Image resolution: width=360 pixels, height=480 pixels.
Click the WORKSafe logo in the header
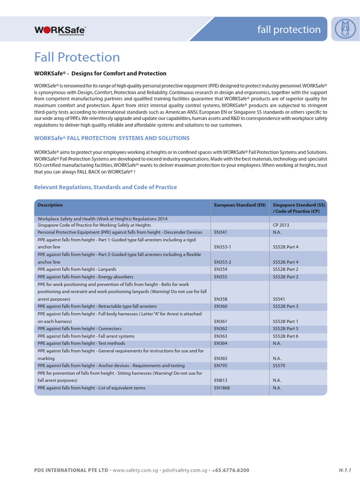pos(60,30)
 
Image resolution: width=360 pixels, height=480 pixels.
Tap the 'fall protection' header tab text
pos(289,30)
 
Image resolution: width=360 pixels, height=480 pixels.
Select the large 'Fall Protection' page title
pos(77,57)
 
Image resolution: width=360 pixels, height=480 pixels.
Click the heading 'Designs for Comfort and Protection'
pos(100,74)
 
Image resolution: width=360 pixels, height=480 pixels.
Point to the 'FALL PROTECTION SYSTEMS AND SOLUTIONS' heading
pos(112,138)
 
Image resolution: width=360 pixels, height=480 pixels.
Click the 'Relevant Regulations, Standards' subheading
pos(105,187)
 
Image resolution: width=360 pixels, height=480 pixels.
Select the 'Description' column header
pos(50,205)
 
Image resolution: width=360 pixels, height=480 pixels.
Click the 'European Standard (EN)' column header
pos(240,205)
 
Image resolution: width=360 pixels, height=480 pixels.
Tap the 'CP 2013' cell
pos(282,225)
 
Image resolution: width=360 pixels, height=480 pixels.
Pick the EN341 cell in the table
pos(221,232)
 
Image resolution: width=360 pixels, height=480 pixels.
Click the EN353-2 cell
pos(223,262)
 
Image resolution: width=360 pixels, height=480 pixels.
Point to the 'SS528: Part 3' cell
pos(285,306)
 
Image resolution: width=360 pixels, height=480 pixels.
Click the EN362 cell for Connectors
pos(221,329)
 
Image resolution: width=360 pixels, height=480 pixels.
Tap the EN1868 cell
pos(222,388)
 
